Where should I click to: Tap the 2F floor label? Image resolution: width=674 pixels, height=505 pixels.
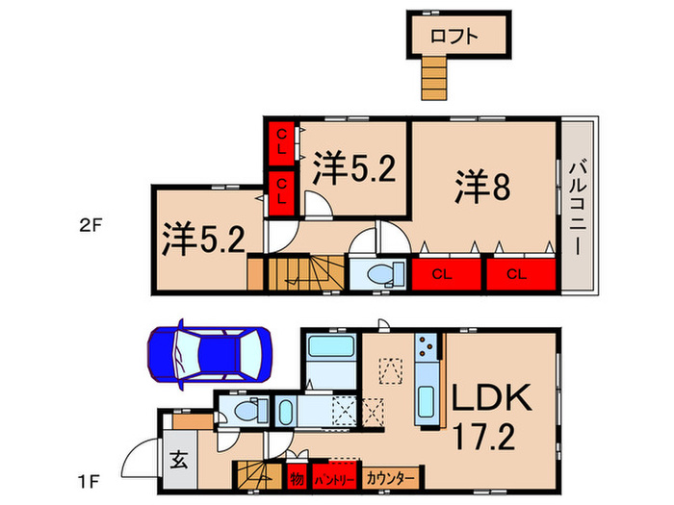92,227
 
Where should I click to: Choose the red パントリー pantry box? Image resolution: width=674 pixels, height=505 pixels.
335,478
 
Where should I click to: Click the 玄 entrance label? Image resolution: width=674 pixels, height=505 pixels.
181,459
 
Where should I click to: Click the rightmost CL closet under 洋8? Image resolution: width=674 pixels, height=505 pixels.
517,274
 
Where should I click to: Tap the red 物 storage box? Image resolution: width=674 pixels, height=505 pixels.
296,478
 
